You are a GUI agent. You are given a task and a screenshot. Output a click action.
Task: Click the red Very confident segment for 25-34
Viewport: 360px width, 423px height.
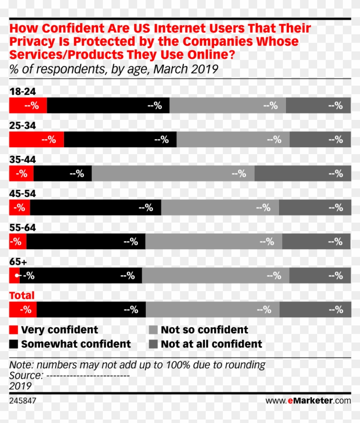[x=36, y=140]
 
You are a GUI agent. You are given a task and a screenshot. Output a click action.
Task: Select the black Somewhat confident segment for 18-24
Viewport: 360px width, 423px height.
[x=108, y=105]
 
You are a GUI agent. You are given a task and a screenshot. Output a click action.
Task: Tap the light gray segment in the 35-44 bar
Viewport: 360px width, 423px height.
[x=173, y=173]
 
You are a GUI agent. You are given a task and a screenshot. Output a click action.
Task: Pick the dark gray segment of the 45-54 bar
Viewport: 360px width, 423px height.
[x=315, y=208]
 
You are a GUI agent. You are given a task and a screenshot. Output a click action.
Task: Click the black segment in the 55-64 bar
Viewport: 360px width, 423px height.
[x=86, y=241]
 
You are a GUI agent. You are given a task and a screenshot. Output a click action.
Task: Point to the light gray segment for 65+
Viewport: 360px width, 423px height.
[x=215, y=276]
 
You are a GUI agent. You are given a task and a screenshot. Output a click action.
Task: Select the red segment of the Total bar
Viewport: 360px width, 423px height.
[x=23, y=310]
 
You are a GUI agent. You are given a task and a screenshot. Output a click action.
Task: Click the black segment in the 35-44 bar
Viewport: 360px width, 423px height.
[x=63, y=173]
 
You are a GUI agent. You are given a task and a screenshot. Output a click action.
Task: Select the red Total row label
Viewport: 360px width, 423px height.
[x=22, y=295]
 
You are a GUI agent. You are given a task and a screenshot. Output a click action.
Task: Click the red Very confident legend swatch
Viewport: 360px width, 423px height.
[x=14, y=330]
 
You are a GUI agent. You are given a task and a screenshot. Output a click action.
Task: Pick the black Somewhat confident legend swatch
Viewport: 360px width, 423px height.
[x=14, y=344]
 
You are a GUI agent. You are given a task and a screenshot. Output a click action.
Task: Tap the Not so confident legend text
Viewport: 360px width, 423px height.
[x=204, y=330]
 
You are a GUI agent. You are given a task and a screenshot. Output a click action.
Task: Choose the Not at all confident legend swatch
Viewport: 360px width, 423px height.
[x=153, y=344]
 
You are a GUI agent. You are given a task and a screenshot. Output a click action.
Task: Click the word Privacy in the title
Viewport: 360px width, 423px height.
[x=32, y=42]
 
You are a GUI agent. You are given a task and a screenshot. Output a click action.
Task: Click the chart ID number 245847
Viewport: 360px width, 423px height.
[x=23, y=401]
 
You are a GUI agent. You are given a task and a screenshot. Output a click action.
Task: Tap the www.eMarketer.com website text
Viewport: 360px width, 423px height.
[x=308, y=401]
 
